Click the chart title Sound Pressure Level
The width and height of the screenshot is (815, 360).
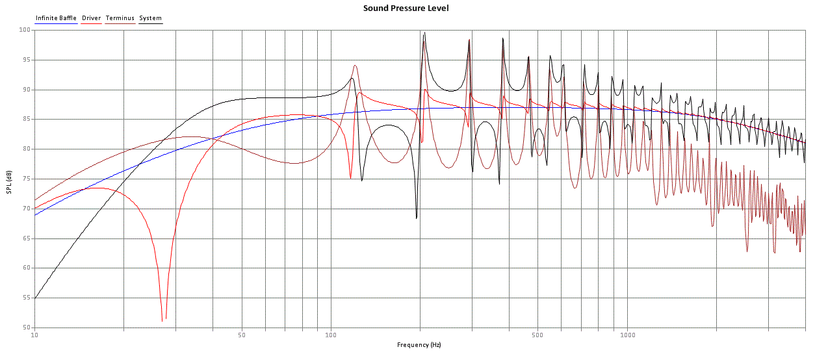[406, 8]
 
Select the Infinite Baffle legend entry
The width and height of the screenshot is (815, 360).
[56, 18]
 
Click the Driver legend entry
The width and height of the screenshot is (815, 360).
[92, 18]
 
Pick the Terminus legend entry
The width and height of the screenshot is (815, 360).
[120, 18]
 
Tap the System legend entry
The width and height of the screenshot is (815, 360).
[150, 18]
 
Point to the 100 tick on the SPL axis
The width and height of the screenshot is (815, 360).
[25, 30]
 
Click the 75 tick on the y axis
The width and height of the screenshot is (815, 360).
[27, 179]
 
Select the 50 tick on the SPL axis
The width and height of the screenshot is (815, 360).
[27, 328]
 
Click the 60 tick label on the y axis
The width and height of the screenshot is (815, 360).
[27, 268]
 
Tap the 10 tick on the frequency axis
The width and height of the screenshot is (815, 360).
[34, 335]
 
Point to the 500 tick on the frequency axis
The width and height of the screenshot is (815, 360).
[537, 335]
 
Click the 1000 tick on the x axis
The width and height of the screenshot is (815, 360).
[627, 335]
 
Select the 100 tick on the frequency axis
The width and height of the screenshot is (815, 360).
[331, 335]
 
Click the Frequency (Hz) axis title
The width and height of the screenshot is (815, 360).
[419, 344]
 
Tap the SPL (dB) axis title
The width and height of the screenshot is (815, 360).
[9, 182]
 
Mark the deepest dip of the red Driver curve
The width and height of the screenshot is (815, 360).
[162, 321]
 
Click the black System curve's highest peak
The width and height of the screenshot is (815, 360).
[424, 32]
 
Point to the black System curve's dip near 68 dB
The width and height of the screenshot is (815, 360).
[417, 218]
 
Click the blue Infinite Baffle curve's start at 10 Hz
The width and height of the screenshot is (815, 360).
[35, 215]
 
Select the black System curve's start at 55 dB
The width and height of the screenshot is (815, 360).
[35, 298]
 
